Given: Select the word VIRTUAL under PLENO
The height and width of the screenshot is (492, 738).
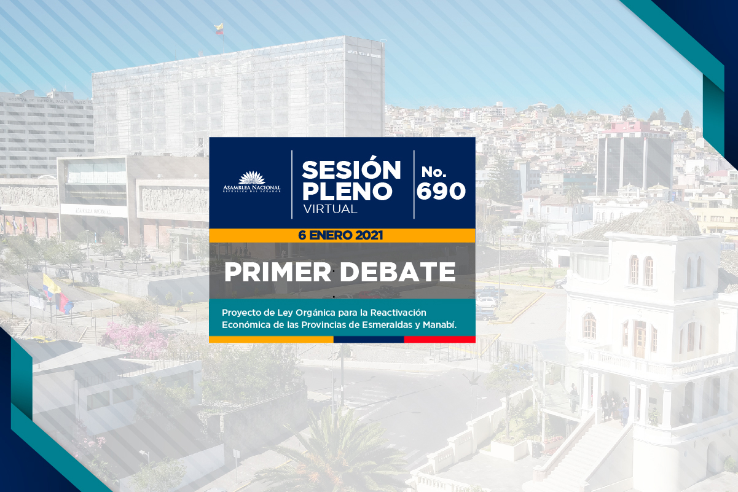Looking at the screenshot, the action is pyautogui.click(x=330, y=209).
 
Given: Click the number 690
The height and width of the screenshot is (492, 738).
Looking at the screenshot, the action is pyautogui.click(x=441, y=190).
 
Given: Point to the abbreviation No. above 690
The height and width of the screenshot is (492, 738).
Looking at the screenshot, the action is pyautogui.click(x=434, y=171).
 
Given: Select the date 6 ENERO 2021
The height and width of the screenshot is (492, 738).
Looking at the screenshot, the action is pyautogui.click(x=340, y=235).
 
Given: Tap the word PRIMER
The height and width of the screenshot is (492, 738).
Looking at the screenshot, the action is pyautogui.click(x=278, y=272).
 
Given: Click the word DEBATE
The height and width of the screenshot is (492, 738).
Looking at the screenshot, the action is pyautogui.click(x=398, y=272).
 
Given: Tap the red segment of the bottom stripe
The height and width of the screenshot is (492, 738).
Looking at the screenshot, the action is pyautogui.click(x=439, y=339).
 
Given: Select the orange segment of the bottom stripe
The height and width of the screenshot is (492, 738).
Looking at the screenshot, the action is pyautogui.click(x=271, y=339).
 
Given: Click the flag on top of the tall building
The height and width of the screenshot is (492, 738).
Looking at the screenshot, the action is pyautogui.click(x=219, y=29).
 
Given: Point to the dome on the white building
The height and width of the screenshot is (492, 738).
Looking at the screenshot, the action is pyautogui.click(x=664, y=219).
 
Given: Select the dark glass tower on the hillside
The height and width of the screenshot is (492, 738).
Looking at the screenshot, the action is pyautogui.click(x=634, y=165).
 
